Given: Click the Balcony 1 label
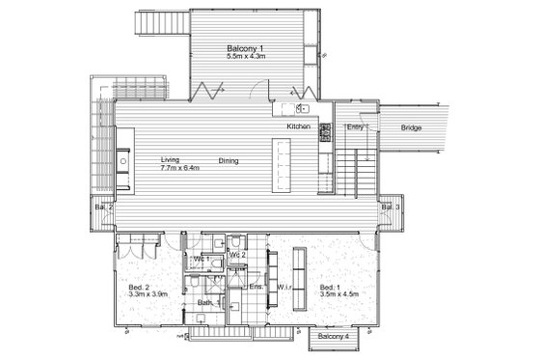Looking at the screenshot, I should (x=245, y=48).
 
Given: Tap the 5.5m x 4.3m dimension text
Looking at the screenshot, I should (x=245, y=57).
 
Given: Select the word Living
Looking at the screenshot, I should (x=171, y=160).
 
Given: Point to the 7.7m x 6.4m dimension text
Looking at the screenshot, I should (x=180, y=168).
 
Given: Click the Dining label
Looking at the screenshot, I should (x=229, y=161).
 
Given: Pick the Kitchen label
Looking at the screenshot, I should (x=298, y=127).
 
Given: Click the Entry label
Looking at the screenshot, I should (x=355, y=127).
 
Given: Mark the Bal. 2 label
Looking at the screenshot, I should (x=103, y=207).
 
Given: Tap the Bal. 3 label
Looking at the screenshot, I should (x=391, y=207).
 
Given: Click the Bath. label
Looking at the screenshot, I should (x=205, y=303).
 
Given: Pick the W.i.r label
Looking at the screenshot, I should (x=284, y=287).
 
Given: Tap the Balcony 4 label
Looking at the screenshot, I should (x=335, y=336).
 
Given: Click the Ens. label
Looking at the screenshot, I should (x=256, y=287).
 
